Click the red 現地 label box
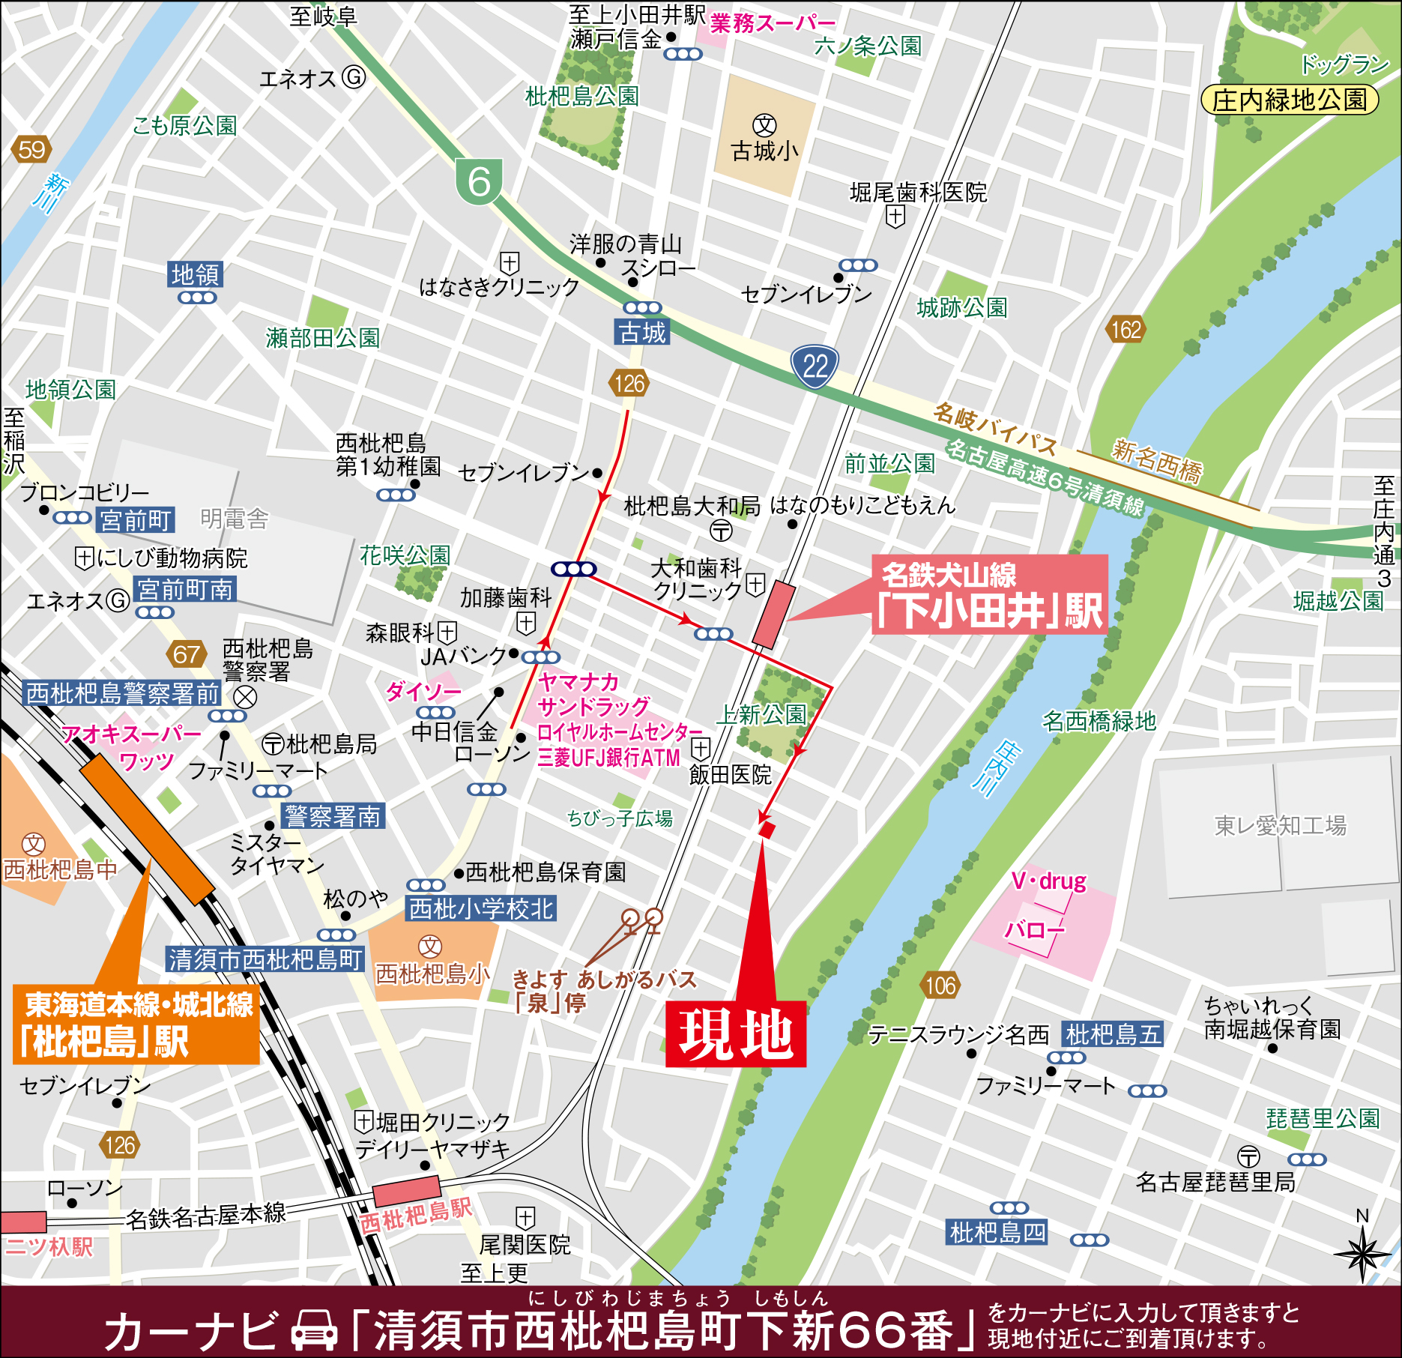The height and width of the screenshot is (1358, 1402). (x=735, y=1033)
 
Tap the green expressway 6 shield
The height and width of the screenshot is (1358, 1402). (x=479, y=181)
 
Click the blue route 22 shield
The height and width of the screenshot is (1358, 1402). (x=815, y=366)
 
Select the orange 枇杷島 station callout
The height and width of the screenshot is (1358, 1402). (x=136, y=1025)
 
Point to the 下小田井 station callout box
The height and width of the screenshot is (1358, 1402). (x=989, y=595)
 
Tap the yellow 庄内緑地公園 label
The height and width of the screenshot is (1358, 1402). (x=1290, y=100)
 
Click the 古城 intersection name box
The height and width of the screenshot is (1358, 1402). (x=642, y=332)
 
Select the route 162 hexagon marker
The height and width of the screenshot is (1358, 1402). (x=1125, y=329)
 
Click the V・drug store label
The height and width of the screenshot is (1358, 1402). (x=1048, y=881)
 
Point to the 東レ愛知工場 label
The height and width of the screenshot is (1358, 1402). (x=1280, y=825)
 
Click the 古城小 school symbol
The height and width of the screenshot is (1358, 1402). (x=764, y=125)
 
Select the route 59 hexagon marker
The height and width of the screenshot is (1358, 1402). (x=31, y=150)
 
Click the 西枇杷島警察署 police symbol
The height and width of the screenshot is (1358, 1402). (x=245, y=697)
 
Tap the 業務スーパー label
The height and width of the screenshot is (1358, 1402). (x=772, y=23)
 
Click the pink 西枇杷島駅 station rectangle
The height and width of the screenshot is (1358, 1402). (x=406, y=1190)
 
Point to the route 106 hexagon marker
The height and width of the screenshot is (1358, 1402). (x=940, y=985)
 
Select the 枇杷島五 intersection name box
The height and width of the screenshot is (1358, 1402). (x=1113, y=1034)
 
